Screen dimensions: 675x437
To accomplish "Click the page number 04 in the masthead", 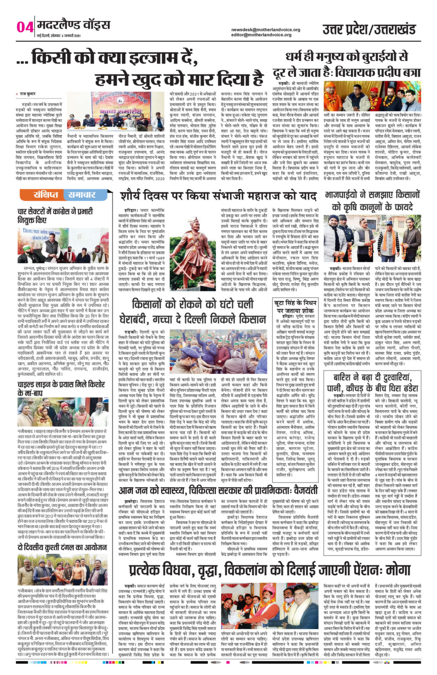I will (24, 27).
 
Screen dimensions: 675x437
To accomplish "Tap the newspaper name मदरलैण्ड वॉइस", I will (73, 25).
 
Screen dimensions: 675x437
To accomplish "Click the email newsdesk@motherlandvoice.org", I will (265, 29).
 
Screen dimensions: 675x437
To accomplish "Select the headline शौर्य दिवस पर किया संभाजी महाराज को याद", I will (218, 197).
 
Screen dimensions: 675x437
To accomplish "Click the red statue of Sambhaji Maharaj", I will (194, 246).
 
